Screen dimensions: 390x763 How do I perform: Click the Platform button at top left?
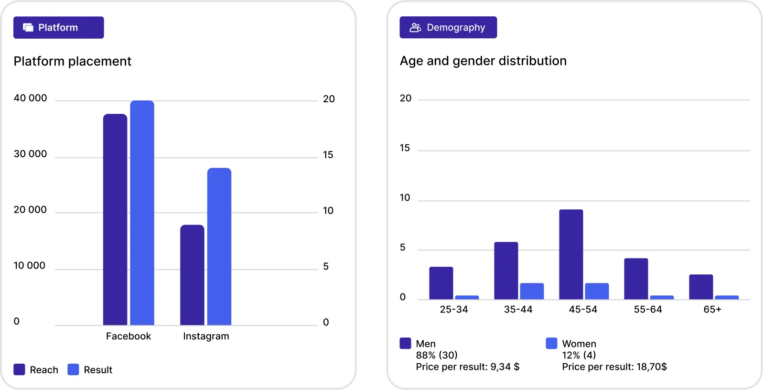58,28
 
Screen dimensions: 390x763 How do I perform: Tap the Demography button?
448,28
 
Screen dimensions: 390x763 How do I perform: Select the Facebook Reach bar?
115,220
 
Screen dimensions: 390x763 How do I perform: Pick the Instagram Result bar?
219,247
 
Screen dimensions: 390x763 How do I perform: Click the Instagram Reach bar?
192,275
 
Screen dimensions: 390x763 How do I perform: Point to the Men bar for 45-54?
571,255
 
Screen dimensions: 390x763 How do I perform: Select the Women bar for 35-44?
532,291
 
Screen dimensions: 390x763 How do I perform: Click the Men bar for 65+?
701,287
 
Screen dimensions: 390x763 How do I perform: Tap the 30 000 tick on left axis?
30,154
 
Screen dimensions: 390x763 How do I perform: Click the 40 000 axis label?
30,98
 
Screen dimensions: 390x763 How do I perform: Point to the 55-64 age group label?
648,309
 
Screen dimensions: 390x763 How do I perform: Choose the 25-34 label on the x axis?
454,309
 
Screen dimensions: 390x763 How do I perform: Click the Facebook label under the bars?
128,336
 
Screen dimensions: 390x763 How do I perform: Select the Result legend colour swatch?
73,369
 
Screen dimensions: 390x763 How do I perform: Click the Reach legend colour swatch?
19,369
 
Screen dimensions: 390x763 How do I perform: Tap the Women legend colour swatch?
551,343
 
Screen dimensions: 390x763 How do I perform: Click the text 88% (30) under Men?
437,355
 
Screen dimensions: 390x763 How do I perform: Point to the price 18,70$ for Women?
652,367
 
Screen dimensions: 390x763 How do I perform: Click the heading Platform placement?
72,61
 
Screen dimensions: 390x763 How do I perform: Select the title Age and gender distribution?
483,61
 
